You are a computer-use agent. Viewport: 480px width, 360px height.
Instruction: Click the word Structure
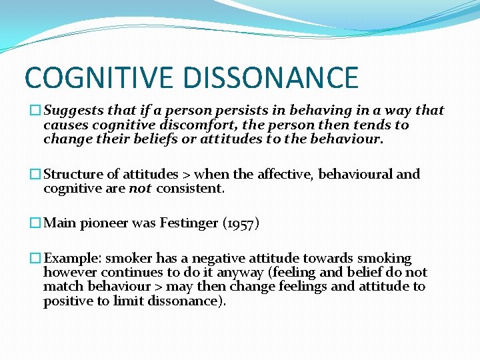73,174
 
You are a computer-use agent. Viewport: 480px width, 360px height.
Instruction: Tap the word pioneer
103,223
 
